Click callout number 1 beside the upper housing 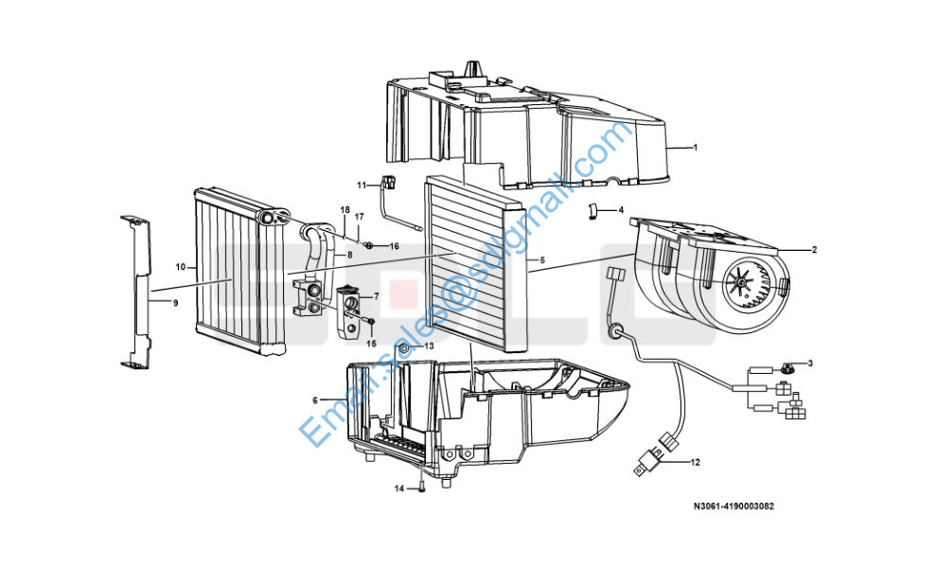(695, 147)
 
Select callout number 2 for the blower (814, 250)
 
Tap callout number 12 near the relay (695, 462)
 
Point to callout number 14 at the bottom (399, 489)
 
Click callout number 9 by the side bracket (176, 303)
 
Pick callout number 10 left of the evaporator (181, 267)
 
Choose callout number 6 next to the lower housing (315, 400)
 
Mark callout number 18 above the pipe (345, 210)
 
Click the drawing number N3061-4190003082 (734, 506)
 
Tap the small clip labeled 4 (592, 210)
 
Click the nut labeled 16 (369, 245)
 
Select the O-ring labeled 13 (403, 347)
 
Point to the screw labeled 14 (422, 487)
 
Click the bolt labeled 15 (370, 323)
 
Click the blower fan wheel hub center (742, 282)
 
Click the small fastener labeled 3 (788, 367)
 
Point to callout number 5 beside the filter (542, 260)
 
